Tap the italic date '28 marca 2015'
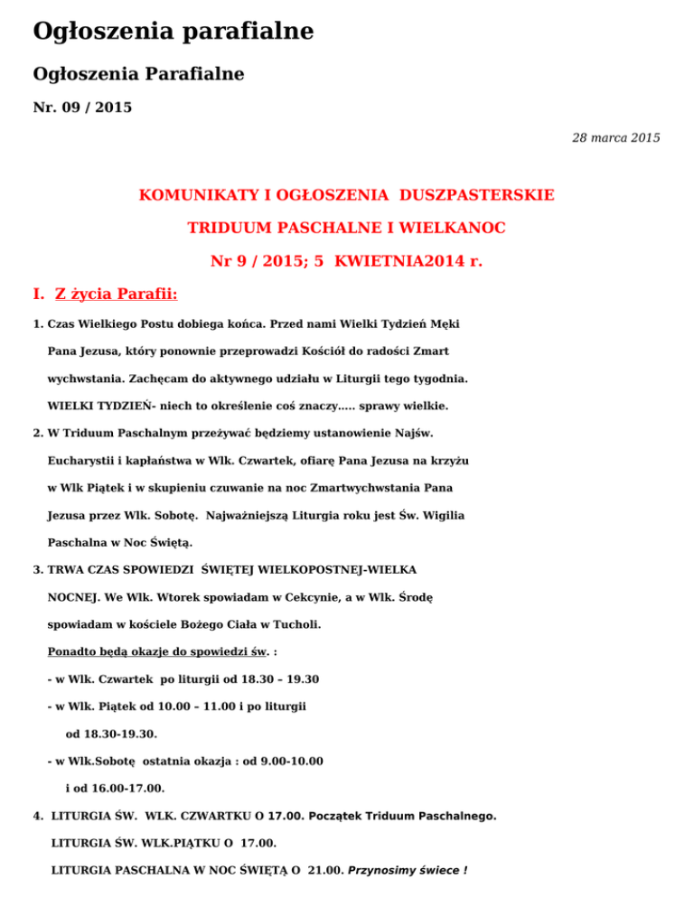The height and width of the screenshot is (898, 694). pos(615,137)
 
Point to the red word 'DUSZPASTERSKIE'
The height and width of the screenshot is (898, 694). pos(486,194)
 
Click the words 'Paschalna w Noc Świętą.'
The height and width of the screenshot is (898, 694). pos(120,543)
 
